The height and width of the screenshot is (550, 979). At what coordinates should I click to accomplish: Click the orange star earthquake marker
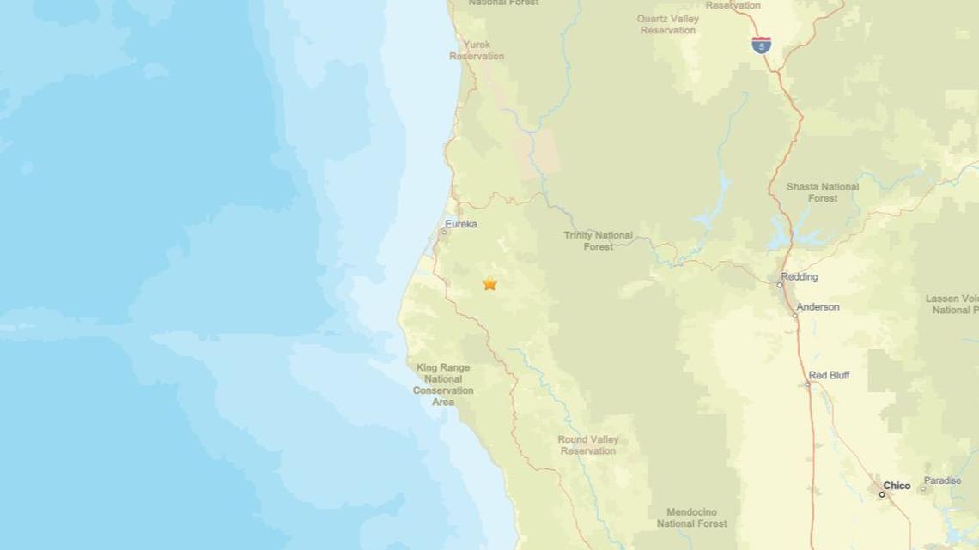point(489,283)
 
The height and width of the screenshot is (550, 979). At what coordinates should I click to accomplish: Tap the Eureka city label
point(461,224)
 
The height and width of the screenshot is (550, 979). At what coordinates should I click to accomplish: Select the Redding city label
point(800,276)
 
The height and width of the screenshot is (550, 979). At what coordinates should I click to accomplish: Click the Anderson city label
point(818,306)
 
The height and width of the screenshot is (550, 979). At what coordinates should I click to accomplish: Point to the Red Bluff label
point(829,375)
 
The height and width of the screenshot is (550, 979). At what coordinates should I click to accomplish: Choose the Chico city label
point(897,486)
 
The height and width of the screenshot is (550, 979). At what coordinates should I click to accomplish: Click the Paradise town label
point(942,480)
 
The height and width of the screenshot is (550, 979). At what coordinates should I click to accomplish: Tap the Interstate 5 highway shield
point(761,45)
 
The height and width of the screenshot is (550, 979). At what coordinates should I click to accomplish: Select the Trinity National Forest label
point(599,240)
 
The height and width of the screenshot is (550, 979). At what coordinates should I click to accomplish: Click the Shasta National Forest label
point(822,192)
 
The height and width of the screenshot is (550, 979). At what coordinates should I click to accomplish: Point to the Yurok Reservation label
point(477,50)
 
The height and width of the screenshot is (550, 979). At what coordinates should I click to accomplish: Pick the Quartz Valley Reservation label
point(667,24)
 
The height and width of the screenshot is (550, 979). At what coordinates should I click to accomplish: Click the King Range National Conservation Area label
point(443,384)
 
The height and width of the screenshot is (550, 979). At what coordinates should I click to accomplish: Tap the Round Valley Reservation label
point(588,445)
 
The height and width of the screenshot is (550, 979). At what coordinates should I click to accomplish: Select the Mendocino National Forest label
point(691,517)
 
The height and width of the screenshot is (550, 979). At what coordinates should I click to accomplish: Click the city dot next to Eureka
point(444,232)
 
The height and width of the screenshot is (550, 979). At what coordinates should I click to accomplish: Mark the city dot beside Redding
point(780,285)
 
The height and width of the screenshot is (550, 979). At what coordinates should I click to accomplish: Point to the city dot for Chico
point(881,494)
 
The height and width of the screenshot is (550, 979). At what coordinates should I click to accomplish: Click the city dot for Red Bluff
point(807,384)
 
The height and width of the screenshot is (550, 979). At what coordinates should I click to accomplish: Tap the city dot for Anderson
point(795,315)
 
